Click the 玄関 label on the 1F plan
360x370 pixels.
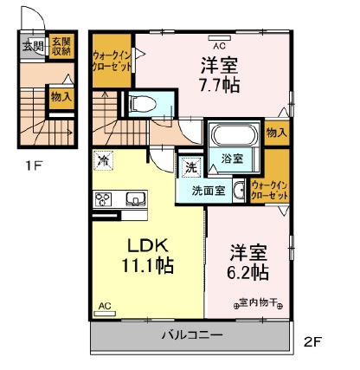(33, 46)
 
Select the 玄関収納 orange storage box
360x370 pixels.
(60, 46)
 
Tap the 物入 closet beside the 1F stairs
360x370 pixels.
(61, 97)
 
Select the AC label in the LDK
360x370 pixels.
(104, 306)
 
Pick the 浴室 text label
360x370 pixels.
(232, 159)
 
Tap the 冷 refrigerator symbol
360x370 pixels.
(104, 160)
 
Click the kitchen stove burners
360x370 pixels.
(103, 198)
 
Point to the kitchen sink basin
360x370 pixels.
(135, 199)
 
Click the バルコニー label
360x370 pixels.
(192, 334)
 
